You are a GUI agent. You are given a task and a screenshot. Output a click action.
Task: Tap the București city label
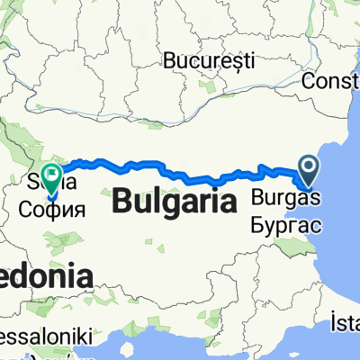[x=210, y=60]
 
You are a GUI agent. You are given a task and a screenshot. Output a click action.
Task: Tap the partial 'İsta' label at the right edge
[x=346, y=321]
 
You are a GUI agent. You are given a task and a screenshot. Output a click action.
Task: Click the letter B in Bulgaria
[x=121, y=203]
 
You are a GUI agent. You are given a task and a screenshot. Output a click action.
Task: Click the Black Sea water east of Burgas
[x=337, y=207]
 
